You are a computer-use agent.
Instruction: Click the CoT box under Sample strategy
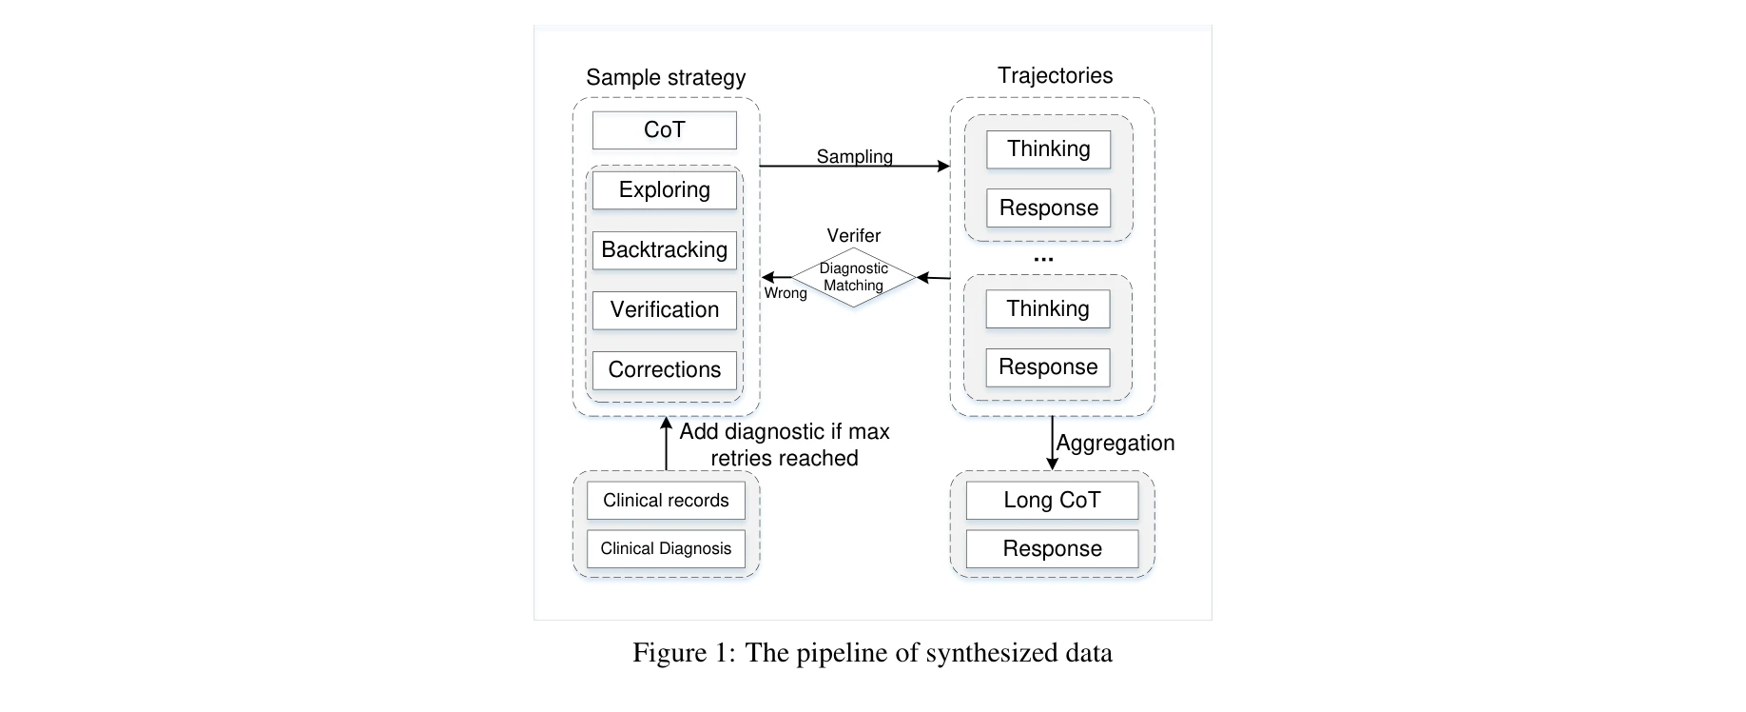(x=664, y=130)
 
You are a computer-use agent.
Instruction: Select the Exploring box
(x=664, y=190)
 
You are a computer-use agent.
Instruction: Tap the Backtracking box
(x=664, y=250)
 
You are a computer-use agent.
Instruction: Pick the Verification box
(x=664, y=310)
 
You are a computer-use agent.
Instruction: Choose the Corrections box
(x=664, y=370)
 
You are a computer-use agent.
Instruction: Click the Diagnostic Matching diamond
(x=853, y=277)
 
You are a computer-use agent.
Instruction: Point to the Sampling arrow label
(x=854, y=156)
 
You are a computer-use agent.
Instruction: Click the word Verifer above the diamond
(x=853, y=235)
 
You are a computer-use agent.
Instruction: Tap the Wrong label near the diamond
(x=786, y=293)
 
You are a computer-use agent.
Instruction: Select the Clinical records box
(x=666, y=501)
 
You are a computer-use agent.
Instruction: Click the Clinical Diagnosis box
(x=666, y=549)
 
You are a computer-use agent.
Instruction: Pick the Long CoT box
(x=1052, y=501)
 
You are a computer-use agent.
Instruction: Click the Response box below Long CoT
(x=1052, y=549)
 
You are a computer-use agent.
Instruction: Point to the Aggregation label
(x=1115, y=443)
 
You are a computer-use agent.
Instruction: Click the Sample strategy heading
(x=666, y=77)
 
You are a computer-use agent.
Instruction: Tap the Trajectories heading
(x=1055, y=75)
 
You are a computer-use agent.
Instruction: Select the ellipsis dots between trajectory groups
(x=1043, y=259)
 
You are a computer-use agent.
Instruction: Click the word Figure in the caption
(x=669, y=653)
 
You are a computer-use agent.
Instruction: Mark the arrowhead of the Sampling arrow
(x=943, y=167)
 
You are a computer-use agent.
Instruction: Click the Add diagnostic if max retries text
(x=785, y=445)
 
